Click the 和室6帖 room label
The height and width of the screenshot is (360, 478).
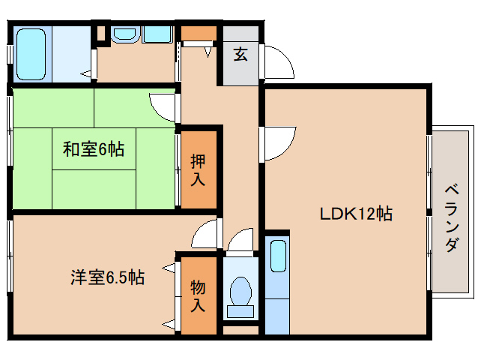[x=93, y=149]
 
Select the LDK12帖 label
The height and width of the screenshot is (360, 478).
[x=356, y=213]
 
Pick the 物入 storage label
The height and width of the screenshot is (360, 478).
[x=198, y=295]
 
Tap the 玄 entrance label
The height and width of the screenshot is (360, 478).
[x=240, y=54]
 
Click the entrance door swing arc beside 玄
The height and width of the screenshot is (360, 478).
[x=279, y=60]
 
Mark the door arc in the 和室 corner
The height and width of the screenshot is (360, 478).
[x=163, y=105]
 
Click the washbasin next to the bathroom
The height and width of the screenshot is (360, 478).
[x=124, y=34]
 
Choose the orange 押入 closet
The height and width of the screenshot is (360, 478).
[x=199, y=169]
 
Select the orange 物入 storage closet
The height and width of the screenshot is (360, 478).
[x=199, y=295]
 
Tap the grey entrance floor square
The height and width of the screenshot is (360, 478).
[x=240, y=57]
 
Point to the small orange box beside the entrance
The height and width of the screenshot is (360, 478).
[x=199, y=33]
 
